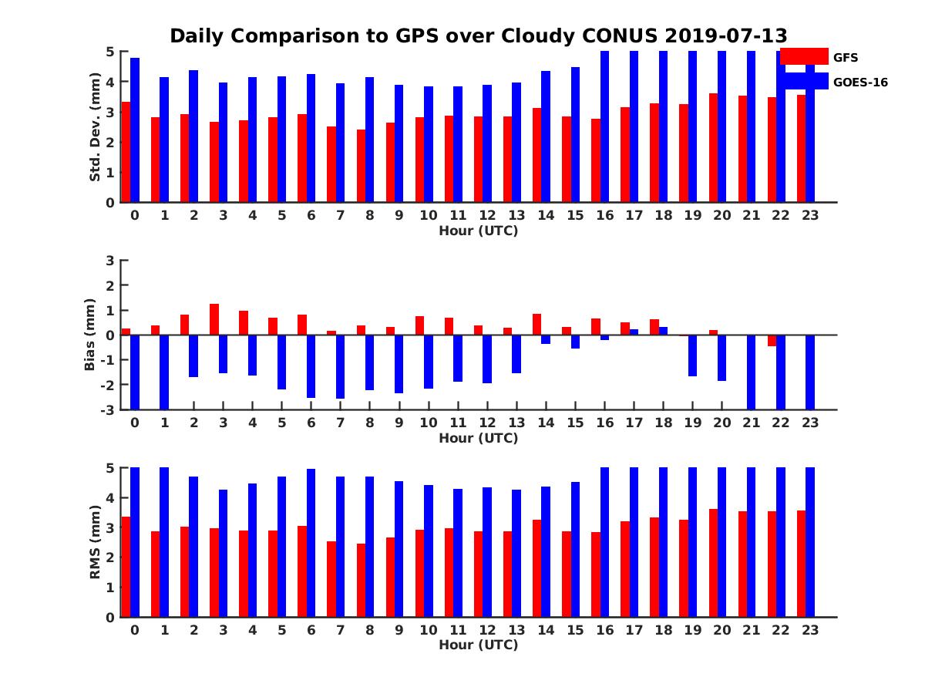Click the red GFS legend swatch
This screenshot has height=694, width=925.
804,56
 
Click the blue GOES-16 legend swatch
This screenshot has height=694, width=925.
804,81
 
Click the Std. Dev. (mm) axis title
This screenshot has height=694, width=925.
95,127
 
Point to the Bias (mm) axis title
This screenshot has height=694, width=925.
90,335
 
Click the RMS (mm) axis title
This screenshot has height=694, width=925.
95,543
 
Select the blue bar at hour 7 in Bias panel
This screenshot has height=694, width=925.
340,366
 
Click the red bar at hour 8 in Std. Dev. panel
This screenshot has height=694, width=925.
361,166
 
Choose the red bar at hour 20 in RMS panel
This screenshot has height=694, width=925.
713,563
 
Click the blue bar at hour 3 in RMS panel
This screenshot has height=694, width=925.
223,553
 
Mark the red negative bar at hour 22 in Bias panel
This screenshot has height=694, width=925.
772,340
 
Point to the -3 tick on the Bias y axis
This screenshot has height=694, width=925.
108,409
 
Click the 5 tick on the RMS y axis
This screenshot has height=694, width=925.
109,467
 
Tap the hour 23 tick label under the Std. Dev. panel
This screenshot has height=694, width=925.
810,215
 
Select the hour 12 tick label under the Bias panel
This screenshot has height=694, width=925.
487,423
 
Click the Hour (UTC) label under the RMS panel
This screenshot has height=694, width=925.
478,645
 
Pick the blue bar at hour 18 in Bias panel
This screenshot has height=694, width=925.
663,331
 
